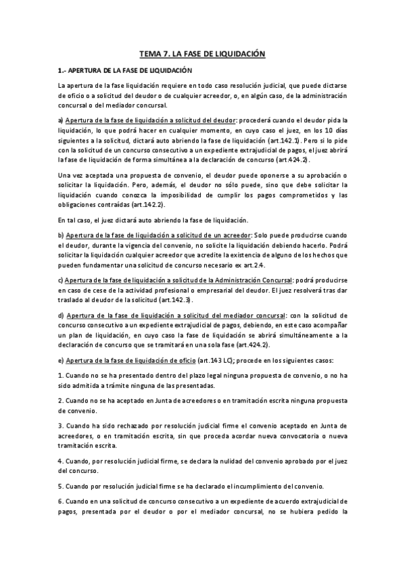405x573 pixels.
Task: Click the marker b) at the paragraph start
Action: pos(61,234)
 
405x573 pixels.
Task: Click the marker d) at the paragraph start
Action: pos(61,315)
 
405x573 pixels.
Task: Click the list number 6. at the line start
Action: pos(61,502)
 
